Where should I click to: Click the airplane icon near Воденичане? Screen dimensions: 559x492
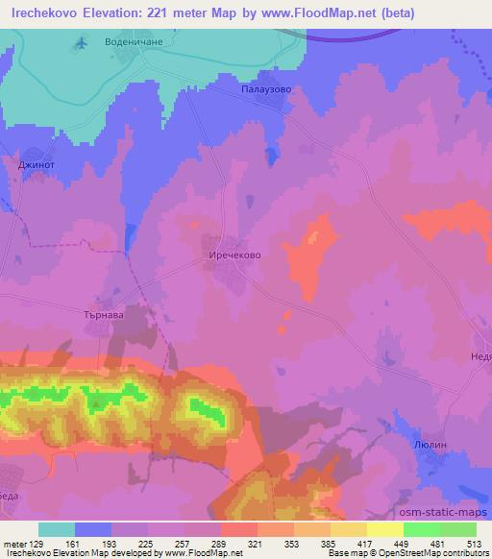coord(81,43)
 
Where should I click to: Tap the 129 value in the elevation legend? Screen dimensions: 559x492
coord(37,543)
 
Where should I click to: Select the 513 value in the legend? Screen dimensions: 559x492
coord(473,543)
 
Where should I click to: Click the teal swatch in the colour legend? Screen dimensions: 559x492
coord(57,529)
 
